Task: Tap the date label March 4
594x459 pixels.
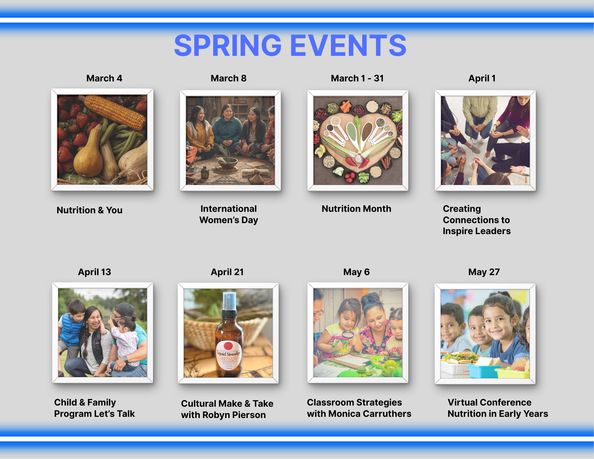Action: (104, 78)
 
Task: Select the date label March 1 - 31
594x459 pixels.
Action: (357, 78)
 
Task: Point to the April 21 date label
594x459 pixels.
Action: (227, 272)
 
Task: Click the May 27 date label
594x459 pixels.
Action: (484, 272)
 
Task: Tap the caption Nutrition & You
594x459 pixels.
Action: (89, 210)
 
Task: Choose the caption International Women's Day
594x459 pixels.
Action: (229, 214)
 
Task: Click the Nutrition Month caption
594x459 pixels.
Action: (356, 209)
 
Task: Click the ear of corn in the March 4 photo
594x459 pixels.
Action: (114, 111)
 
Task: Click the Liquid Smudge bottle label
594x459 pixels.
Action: (229, 355)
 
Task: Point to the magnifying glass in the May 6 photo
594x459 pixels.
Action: (348, 336)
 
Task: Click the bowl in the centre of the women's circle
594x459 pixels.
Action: (228, 162)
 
